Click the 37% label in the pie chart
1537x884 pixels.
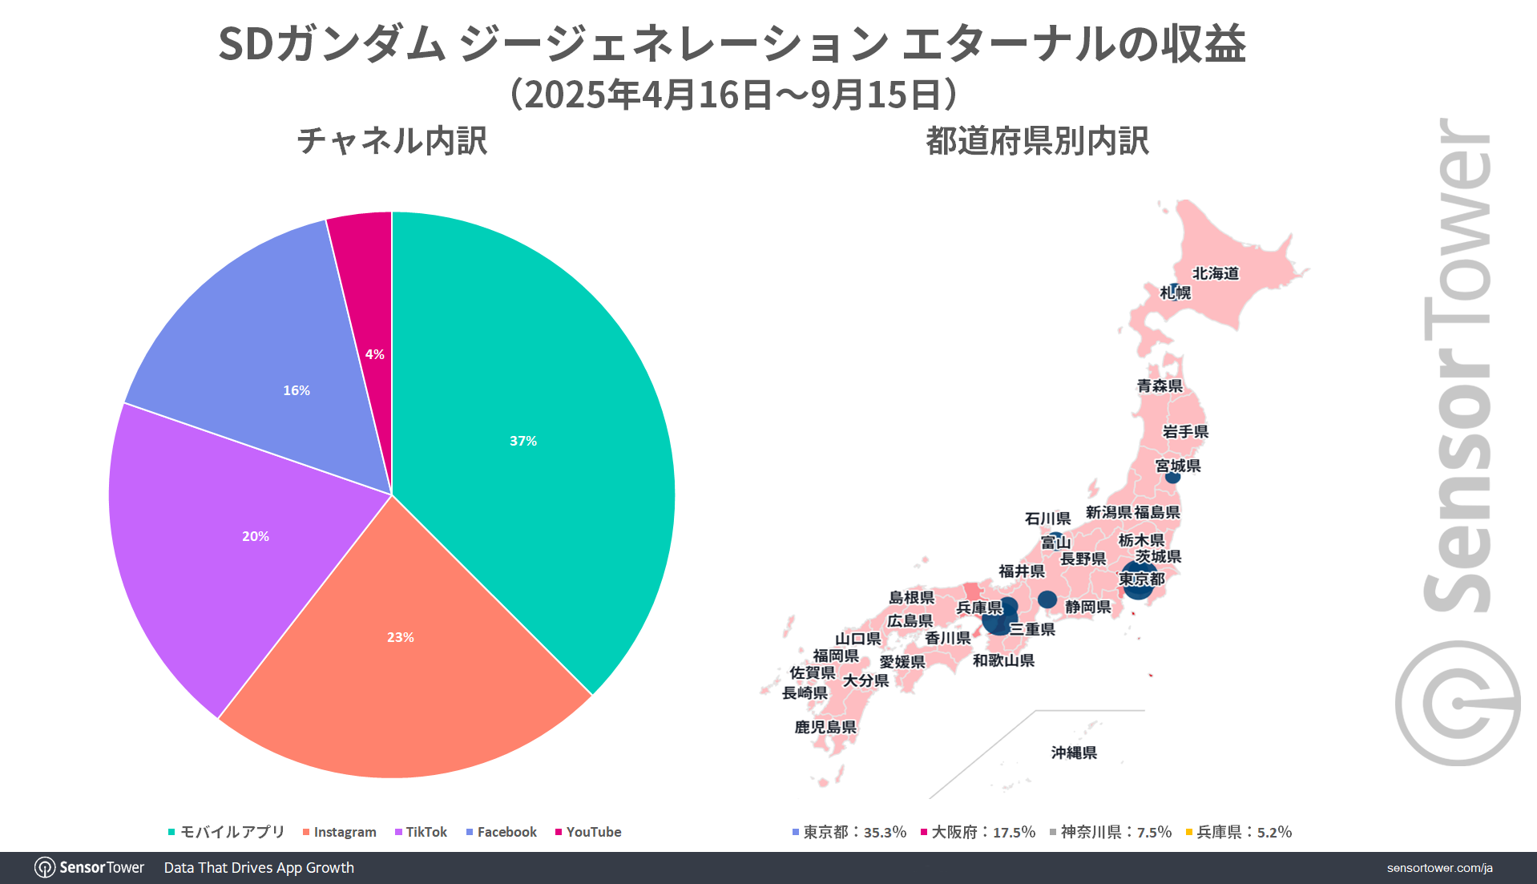[523, 441]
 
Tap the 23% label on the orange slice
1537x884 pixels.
[401, 637]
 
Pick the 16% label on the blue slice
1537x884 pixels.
[297, 390]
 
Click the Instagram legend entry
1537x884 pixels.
[340, 832]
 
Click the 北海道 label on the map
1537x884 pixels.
[1216, 273]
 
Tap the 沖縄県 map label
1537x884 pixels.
[1074, 753]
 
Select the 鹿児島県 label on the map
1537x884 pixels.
[825, 727]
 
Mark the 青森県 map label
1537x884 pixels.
[1160, 385]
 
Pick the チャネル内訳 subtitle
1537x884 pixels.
[392, 141]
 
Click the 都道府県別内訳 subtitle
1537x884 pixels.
[1037, 141]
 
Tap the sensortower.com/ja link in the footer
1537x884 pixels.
[1439, 868]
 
